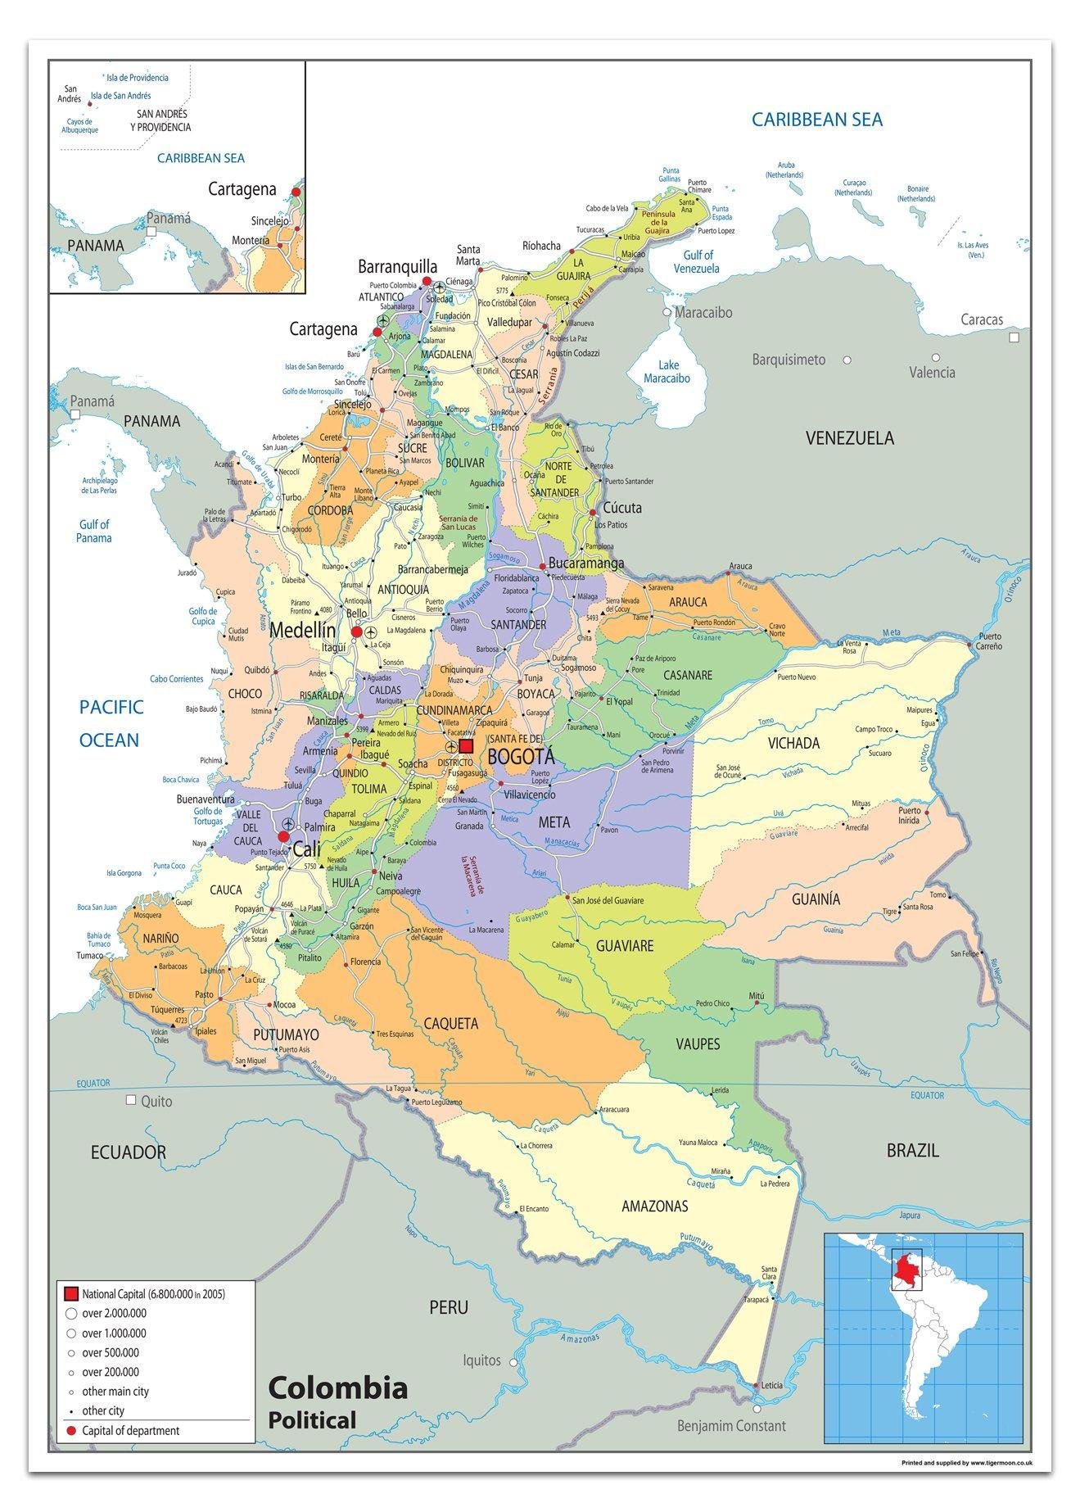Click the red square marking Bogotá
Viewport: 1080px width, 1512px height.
(466, 746)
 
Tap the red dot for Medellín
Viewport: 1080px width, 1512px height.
(356, 632)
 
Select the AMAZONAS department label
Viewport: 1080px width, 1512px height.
(654, 1206)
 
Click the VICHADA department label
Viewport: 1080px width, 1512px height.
(793, 743)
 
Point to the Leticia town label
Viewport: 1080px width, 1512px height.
(771, 1385)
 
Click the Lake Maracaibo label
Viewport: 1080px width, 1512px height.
(667, 372)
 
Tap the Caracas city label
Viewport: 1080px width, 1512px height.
(982, 319)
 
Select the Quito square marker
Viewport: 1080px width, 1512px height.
(131, 1100)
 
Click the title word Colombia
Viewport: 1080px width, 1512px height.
(337, 1388)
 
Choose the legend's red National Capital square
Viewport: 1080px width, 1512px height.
(71, 1294)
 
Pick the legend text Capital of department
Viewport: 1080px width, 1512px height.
(130, 1431)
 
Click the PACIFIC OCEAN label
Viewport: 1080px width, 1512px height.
(111, 723)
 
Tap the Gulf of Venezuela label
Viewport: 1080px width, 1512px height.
(697, 261)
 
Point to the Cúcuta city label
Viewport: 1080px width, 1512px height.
(622, 507)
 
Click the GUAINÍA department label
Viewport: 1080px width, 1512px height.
(816, 899)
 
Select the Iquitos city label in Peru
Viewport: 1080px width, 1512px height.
(481, 1360)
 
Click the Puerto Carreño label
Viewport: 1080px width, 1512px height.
(989, 641)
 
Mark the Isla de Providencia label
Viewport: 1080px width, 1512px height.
(138, 78)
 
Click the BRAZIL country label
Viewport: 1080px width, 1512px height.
(912, 1150)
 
